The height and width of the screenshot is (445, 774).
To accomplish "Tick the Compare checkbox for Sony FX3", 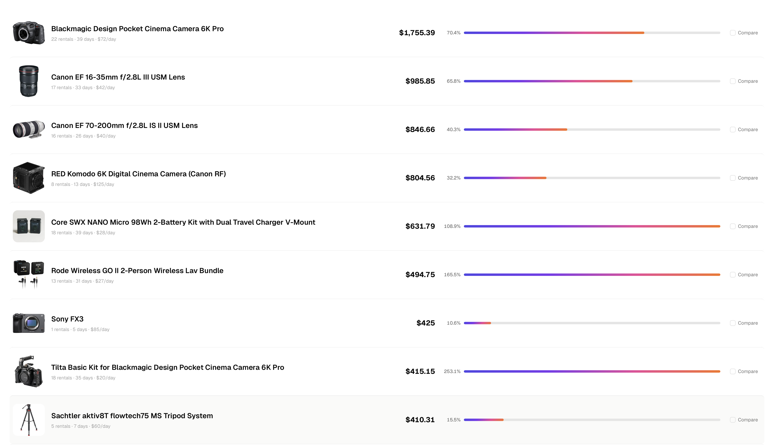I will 732,323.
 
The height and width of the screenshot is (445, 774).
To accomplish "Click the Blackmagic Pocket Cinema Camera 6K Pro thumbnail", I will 29,33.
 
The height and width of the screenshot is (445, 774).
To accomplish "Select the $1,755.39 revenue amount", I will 417,33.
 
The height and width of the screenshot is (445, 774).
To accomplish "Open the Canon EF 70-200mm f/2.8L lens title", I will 124,126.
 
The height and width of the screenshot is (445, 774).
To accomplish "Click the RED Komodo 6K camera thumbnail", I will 29,178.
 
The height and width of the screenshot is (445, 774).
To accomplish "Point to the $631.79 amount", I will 420,226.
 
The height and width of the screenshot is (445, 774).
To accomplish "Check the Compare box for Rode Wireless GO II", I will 732,275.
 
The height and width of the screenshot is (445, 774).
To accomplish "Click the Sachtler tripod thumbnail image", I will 29,420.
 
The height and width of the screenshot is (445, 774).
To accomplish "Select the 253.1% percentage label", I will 452,371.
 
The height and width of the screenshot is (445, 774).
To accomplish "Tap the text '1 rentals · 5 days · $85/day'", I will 80,329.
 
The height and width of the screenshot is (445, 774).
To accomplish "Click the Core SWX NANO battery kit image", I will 29,226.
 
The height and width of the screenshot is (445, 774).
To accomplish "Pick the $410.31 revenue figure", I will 420,420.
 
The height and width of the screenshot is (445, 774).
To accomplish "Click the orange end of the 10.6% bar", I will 489,323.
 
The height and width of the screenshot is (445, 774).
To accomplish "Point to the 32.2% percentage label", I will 453,178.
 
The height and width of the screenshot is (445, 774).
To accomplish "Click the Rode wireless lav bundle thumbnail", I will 29,274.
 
